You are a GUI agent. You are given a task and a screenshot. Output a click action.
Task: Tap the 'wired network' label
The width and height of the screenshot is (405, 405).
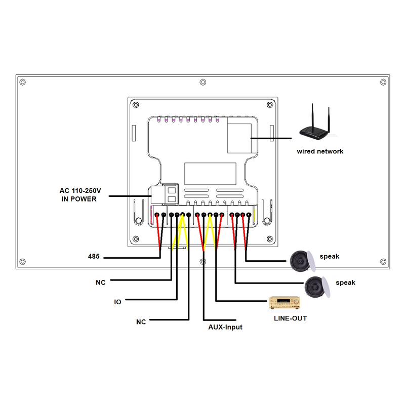[320, 151]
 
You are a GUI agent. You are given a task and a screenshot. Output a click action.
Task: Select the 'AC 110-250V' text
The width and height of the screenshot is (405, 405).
[81, 190]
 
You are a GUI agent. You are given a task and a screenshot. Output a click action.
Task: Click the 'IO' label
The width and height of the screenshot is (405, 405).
[117, 302]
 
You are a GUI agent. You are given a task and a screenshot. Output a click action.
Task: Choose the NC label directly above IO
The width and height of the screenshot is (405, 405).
[100, 282]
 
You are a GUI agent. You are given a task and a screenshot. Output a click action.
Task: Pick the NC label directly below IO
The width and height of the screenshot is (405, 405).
[141, 321]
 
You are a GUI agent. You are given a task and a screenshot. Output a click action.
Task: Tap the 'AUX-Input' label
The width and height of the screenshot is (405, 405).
[225, 327]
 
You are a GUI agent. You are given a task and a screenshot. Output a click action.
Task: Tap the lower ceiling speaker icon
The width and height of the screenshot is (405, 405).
[318, 287]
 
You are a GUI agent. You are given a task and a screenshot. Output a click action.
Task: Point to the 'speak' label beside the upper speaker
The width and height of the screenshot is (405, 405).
[330, 256]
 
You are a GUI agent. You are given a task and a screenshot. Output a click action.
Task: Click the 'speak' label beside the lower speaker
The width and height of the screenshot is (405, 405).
[345, 282]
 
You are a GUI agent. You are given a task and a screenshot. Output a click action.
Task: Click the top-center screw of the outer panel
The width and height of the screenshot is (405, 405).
[202, 82]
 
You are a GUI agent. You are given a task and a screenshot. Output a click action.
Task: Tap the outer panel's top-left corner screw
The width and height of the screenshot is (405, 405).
[21, 82]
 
